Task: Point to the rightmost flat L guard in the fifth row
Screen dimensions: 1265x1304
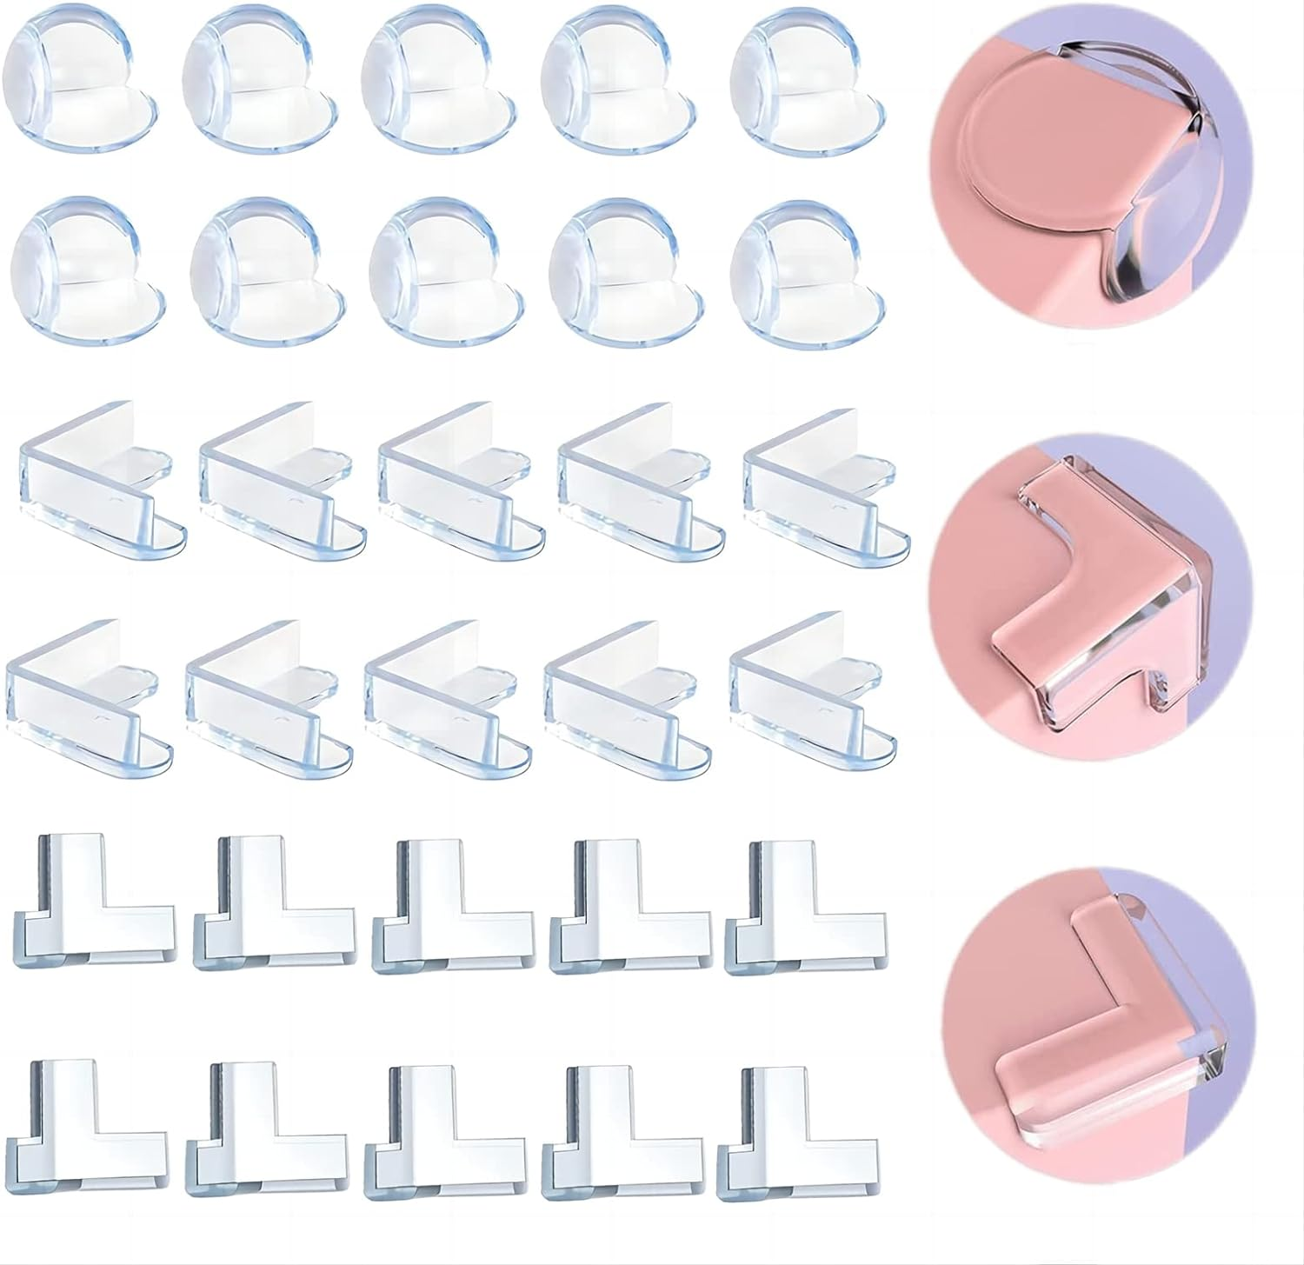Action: click(x=804, y=904)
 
